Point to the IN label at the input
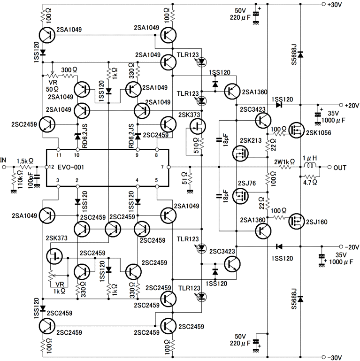(x=4, y=161)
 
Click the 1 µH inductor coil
(x=310, y=167)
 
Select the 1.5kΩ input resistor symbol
(x=25, y=167)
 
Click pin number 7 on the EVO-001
(x=162, y=167)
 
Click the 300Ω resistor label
(x=69, y=69)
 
